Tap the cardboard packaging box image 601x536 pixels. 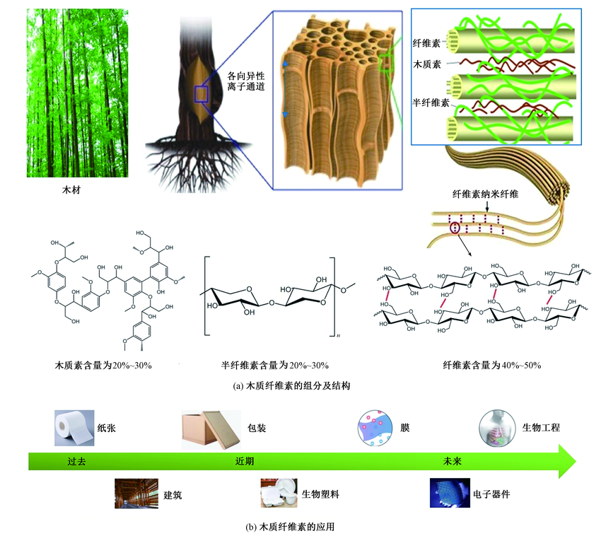click(209, 430)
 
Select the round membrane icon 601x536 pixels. click(375, 429)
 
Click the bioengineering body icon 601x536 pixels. click(496, 428)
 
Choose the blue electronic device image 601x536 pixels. click(450, 494)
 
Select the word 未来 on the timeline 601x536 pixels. click(452, 461)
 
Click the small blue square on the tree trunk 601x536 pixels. click(202, 95)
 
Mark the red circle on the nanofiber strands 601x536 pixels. click(454, 227)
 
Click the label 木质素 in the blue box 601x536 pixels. click(427, 64)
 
